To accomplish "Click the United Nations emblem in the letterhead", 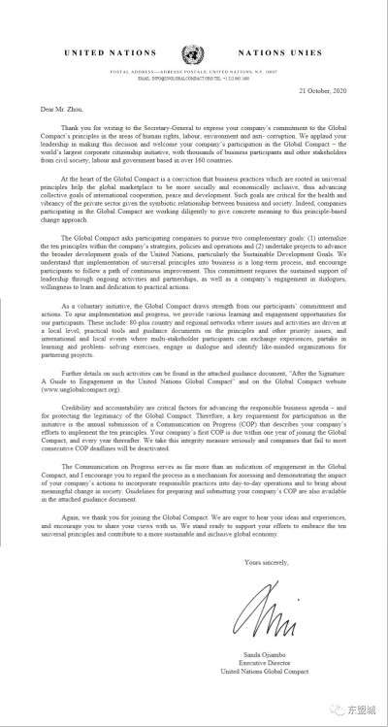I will click(195, 50).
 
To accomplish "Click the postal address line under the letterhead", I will click(194, 73).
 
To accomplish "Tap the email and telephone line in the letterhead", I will click(194, 80).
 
